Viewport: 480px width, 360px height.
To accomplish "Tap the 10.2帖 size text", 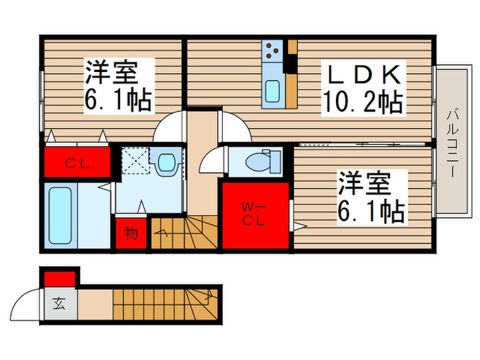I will click(362, 103).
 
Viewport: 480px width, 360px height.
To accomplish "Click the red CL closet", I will click(77, 163).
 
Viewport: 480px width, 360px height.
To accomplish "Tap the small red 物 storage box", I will click(130, 233).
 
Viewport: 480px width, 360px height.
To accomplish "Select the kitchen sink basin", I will click(272, 91).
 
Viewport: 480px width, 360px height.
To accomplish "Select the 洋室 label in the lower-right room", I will click(363, 184).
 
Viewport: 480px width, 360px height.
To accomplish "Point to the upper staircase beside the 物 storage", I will click(183, 233).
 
